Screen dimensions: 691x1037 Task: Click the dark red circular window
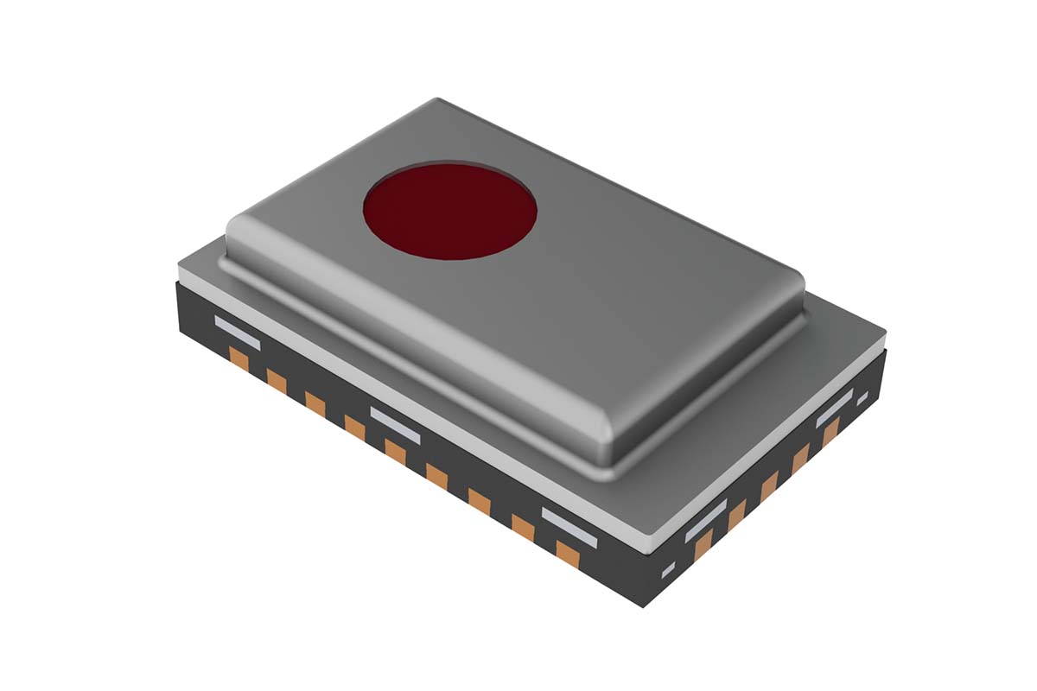coord(450,210)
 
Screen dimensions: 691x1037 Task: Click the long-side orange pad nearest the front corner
coord(567,554)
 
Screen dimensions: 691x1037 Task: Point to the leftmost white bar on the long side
coord(237,332)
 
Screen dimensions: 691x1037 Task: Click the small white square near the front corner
coord(667,570)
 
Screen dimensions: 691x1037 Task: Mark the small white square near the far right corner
coord(862,398)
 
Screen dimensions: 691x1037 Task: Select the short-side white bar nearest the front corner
coord(706,520)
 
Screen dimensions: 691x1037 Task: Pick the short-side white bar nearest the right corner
coord(834,408)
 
